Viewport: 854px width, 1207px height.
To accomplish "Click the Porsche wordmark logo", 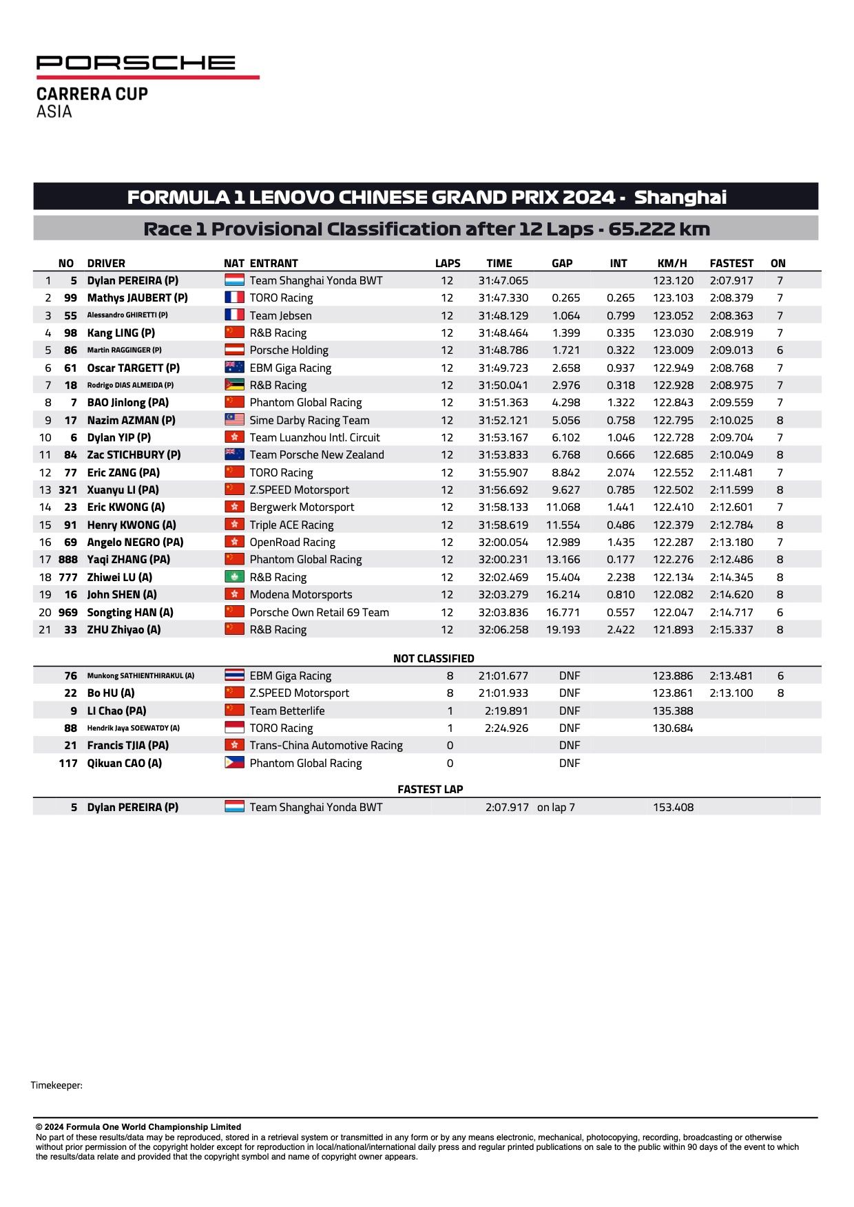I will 136,63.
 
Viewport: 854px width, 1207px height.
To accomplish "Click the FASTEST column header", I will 731,263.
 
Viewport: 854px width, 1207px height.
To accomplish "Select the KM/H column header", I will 672,263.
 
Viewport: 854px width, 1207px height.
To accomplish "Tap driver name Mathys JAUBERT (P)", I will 137,298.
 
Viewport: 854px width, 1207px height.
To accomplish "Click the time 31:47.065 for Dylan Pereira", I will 503,281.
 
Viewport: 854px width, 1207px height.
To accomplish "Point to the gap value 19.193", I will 563,629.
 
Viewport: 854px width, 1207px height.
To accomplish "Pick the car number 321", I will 67,490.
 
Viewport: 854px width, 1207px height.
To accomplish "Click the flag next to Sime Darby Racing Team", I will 234,420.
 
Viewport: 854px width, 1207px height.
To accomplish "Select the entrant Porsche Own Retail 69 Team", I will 319,612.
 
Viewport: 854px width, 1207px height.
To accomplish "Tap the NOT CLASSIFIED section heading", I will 433,658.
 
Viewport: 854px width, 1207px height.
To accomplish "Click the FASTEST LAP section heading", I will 430,789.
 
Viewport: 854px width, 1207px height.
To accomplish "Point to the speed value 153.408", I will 673,807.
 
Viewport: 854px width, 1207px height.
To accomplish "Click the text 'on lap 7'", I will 556,807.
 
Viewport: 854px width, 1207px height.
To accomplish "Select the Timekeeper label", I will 56,1086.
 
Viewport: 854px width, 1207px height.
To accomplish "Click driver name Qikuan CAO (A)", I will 124,763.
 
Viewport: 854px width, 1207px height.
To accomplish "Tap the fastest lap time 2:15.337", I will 731,629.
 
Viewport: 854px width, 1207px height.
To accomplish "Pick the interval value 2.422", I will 621,629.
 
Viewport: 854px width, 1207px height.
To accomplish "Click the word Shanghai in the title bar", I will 680,198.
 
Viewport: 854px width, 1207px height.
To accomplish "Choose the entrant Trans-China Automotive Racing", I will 326,745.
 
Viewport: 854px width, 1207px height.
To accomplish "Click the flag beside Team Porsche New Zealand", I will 234,454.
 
